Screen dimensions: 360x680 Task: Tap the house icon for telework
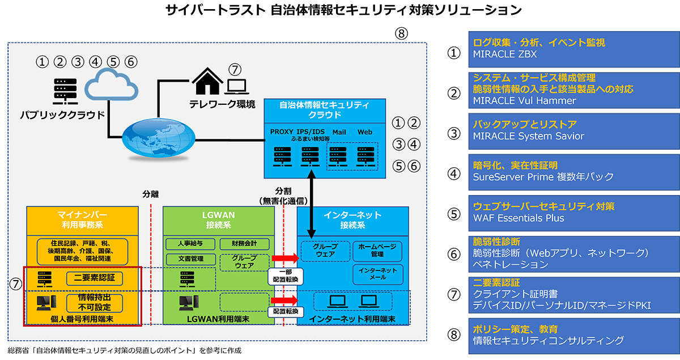coord(207,83)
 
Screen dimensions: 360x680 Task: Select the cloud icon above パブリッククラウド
coord(112,85)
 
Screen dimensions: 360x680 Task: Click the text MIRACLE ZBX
coord(505,55)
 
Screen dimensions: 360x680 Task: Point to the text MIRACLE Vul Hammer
coord(524,101)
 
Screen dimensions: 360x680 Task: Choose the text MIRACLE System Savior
coord(528,136)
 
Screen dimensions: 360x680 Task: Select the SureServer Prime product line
coord(543,177)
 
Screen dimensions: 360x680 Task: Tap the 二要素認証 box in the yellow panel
coord(95,278)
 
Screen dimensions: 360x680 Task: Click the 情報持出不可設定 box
coord(95,302)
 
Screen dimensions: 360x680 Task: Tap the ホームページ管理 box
coord(377,251)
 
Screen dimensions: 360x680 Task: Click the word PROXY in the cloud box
coord(282,132)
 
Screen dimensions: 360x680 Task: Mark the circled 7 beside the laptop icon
coord(235,70)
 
